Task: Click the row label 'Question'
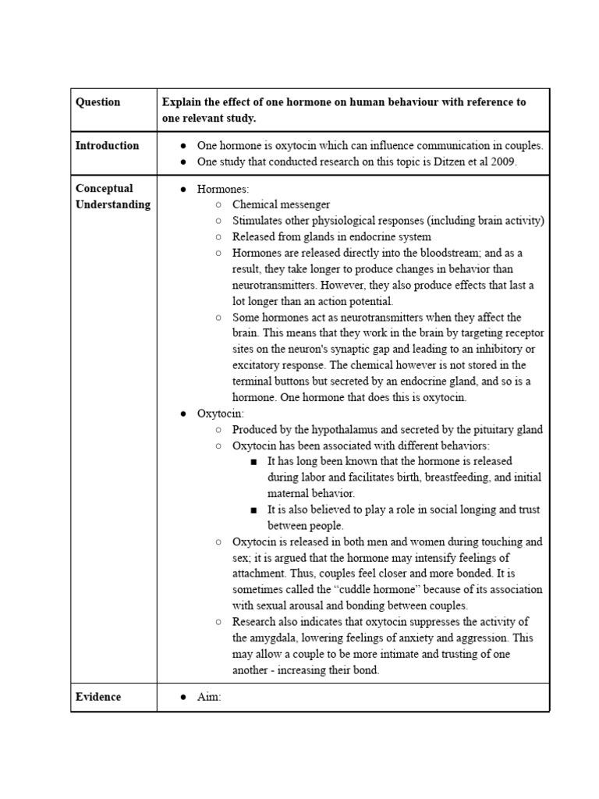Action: [97, 102]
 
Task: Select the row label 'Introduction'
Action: [107, 145]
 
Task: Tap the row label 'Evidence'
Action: [97, 697]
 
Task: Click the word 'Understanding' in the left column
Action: [112, 204]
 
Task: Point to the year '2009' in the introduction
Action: [501, 162]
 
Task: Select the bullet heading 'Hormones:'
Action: [223, 189]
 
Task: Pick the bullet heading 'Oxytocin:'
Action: [220, 414]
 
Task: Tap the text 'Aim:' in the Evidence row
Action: [209, 697]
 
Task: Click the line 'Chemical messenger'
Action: [281, 204]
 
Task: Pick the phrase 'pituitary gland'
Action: [505, 429]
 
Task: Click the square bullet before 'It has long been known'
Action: [254, 462]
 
